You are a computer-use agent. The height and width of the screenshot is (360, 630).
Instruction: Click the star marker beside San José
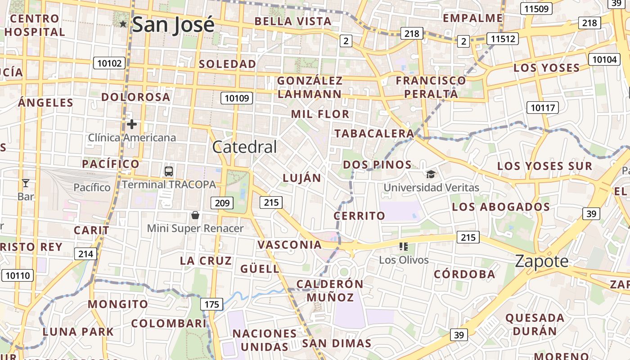tap(123, 23)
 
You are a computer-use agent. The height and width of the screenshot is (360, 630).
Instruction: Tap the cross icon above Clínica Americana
tap(132, 124)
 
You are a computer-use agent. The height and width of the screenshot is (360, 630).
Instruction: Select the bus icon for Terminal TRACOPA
tap(169, 171)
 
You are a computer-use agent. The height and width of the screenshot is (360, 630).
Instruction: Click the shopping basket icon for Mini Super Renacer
tap(195, 215)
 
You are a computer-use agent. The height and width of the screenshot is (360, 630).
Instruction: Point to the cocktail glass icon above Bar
tap(26, 183)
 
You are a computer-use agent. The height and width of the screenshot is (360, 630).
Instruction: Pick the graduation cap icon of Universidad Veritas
tap(431, 174)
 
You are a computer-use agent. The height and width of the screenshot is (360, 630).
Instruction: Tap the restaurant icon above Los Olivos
tap(403, 247)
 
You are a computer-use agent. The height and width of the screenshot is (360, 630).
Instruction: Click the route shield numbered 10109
tap(237, 98)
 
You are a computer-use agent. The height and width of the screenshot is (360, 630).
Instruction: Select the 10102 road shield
tap(109, 63)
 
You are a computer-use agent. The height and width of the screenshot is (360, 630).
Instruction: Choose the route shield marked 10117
tap(543, 108)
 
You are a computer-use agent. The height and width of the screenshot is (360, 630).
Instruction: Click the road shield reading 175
tap(211, 305)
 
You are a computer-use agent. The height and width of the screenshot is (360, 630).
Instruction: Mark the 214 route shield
tap(85, 254)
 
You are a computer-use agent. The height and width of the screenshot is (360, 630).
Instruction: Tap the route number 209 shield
tap(222, 203)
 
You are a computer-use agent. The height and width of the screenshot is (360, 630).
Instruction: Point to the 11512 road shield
tap(503, 39)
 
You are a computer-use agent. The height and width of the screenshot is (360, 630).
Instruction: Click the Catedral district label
tap(244, 147)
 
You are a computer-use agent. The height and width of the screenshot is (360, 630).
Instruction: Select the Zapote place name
tap(542, 261)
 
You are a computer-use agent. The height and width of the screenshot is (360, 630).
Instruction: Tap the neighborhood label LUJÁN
tap(302, 178)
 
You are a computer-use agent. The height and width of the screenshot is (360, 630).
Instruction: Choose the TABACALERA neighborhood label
tap(374, 134)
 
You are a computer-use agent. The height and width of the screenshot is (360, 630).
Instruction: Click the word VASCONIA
tap(290, 245)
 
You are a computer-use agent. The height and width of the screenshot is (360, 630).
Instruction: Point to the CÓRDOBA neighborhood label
tap(464, 274)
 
